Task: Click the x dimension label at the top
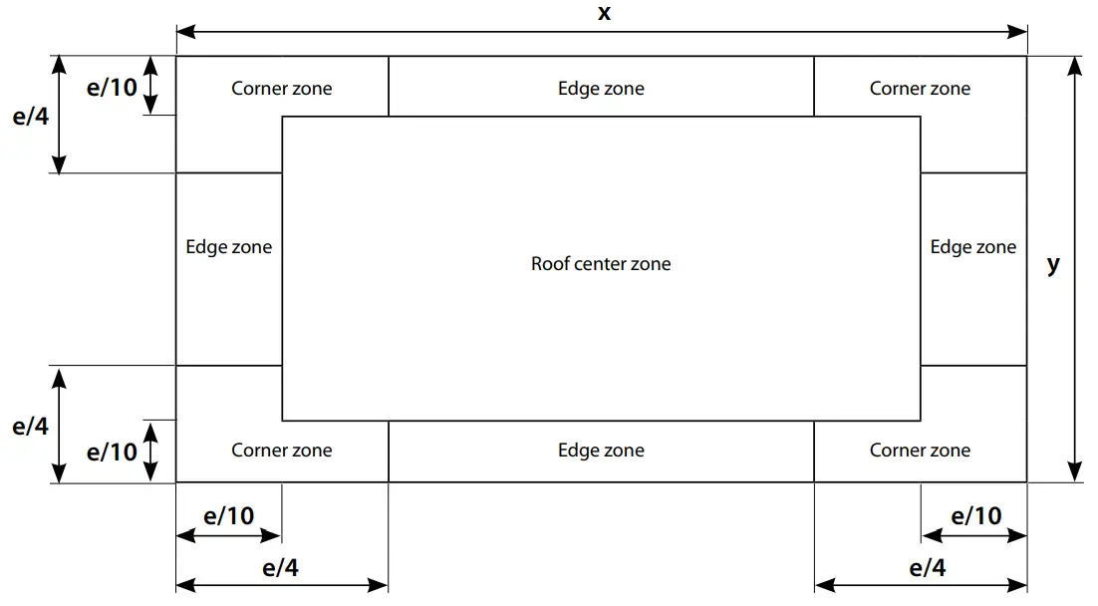point(604,13)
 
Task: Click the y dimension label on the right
point(1053,265)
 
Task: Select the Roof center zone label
point(601,264)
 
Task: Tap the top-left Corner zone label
point(282,89)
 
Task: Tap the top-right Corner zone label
point(920,89)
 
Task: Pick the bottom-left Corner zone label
point(282,451)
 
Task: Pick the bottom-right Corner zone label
point(920,451)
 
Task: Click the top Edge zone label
point(601,89)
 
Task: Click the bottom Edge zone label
point(601,451)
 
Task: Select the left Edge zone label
point(228,247)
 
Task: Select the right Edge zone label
point(973,247)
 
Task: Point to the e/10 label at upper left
point(112,88)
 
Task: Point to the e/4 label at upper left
point(30,116)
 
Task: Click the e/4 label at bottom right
point(928,568)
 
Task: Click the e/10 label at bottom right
point(976,516)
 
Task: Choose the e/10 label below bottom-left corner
point(228,516)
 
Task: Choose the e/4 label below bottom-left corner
point(280,568)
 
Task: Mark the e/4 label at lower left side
point(30,427)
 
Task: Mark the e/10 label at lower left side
point(112,453)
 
